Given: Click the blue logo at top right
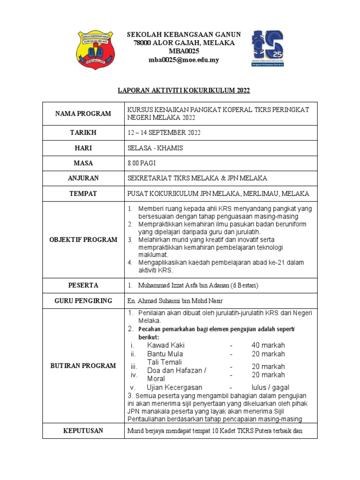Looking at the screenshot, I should (x=267, y=48).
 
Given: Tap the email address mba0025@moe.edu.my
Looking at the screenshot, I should (x=184, y=60).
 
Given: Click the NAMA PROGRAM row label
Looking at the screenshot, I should (x=83, y=113).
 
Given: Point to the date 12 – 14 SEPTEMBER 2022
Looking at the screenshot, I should (x=164, y=133).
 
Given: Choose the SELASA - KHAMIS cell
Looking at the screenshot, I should (x=155, y=148).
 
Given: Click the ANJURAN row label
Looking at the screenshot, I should (x=83, y=178).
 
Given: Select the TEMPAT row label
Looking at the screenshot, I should (x=83, y=193).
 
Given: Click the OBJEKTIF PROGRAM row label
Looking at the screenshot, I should (x=83, y=240).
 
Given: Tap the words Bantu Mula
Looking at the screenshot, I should (x=165, y=354).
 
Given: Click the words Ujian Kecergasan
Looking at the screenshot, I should (x=174, y=388).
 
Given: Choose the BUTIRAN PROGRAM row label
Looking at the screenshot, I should (x=83, y=366).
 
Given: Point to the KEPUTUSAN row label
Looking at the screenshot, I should (x=83, y=430).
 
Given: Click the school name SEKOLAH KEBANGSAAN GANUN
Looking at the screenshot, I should (x=184, y=35).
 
